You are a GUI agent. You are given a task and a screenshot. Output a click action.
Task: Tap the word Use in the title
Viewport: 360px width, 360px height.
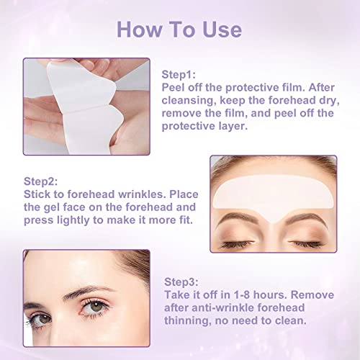(x=220, y=30)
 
